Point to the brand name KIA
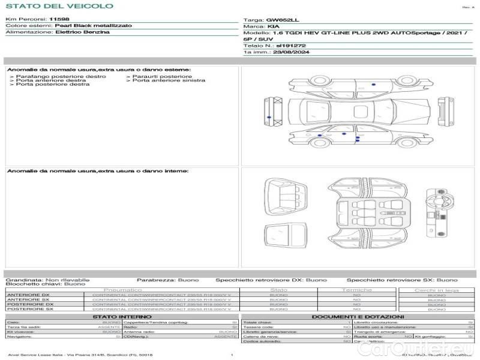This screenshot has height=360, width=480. coord(272,27)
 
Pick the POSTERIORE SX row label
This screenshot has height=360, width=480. coord(30,309)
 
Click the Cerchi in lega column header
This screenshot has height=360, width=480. coord(436,290)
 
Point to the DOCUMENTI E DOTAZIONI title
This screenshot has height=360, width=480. coord(358,317)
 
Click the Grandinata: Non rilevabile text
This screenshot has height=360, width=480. coord(47,280)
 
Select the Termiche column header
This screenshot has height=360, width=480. coord(357,290)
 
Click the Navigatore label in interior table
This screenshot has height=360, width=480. coord(21,337)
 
